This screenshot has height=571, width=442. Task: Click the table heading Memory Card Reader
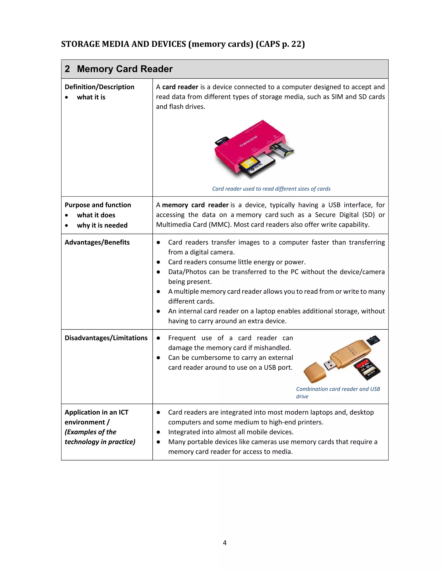pyautogui.click(x=125, y=69)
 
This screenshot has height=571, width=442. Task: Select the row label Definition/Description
pyautogui.click(x=99, y=87)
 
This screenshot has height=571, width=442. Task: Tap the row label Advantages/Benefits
pyautogui.click(x=97, y=242)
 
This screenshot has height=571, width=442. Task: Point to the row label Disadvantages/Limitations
pyautogui.click(x=106, y=338)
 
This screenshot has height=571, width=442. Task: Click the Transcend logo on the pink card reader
pyautogui.click(x=248, y=141)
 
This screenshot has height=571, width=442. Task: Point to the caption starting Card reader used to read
pyautogui.click(x=271, y=189)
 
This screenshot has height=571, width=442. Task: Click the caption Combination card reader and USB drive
pyautogui.click(x=338, y=392)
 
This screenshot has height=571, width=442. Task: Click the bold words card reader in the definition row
pyautogui.click(x=180, y=87)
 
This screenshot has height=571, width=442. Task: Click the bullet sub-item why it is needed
pyautogui.click(x=102, y=225)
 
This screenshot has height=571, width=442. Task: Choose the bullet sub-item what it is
pyautogui.click(x=91, y=97)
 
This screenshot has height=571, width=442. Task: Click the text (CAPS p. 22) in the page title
pyautogui.click(x=280, y=44)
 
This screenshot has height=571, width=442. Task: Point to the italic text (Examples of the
pyautogui.click(x=90, y=432)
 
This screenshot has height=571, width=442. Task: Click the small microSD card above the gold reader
pyautogui.click(x=373, y=340)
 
